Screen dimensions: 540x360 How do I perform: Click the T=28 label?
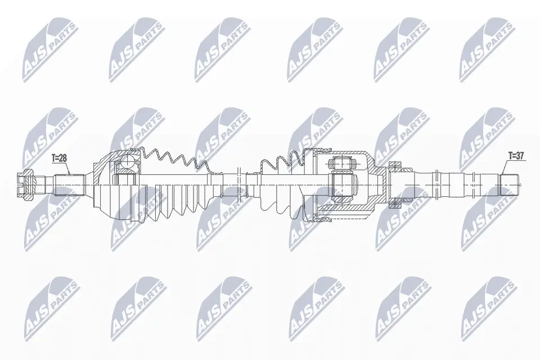coord(59,159)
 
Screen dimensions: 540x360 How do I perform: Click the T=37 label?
coord(516,156)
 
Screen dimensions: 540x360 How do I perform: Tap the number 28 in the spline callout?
coord(62,159)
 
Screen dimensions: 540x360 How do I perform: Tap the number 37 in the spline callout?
coord(520,156)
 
